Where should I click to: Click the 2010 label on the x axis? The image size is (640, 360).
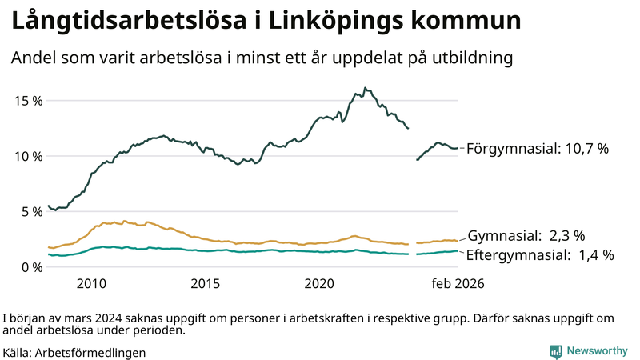tap(91, 284)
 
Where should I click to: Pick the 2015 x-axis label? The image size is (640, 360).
tap(206, 284)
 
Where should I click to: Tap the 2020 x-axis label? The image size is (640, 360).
tap(320, 284)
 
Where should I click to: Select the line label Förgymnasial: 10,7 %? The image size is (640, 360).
tap(538, 149)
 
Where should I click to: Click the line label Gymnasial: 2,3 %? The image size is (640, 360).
tap(526, 236)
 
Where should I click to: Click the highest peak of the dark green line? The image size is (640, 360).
tap(365, 88)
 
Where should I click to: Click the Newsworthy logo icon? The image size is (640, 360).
tap(555, 351)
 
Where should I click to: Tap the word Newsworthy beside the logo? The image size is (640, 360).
tap(597, 351)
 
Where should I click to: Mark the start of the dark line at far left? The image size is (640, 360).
tap(49, 206)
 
